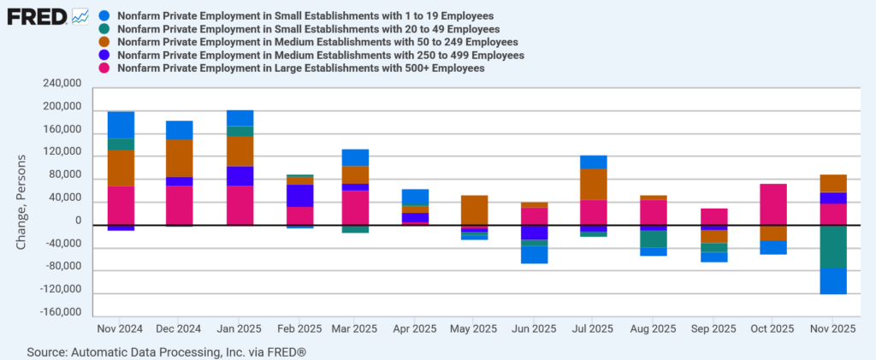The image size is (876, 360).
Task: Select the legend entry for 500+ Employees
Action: click(x=300, y=68)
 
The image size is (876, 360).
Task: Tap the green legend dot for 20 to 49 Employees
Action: click(x=104, y=28)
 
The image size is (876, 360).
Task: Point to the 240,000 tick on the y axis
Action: click(x=61, y=85)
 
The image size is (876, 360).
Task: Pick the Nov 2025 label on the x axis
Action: click(x=832, y=328)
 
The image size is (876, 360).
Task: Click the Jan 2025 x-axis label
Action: click(x=240, y=328)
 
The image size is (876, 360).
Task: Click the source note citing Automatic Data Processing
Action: click(x=167, y=351)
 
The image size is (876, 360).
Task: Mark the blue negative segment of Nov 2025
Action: click(x=832, y=281)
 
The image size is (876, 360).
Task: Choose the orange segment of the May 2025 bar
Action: click(x=474, y=210)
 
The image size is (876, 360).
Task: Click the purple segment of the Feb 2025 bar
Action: click(x=299, y=195)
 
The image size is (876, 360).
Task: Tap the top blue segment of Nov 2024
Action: click(x=121, y=125)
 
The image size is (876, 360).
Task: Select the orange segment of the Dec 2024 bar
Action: click(x=180, y=158)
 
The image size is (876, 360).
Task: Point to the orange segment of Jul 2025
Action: click(x=593, y=184)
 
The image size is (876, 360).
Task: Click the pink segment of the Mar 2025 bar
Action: click(x=355, y=207)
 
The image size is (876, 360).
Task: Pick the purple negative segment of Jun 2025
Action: click(x=535, y=233)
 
